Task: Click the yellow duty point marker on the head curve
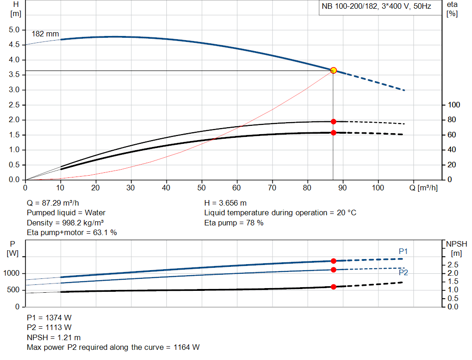point(333,71)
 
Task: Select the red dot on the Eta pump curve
point(333,122)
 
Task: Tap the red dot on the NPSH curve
point(333,287)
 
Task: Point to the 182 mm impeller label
point(45,34)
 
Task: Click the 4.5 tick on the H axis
point(15,45)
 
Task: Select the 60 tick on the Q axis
point(237,188)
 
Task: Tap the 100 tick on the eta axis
point(454,105)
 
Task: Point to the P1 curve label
point(403,251)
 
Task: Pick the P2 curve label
point(403,273)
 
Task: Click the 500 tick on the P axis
point(13,290)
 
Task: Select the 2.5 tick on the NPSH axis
point(453,265)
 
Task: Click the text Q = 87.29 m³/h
point(56,203)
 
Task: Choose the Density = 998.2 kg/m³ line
point(65,223)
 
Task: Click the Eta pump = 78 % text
point(234,223)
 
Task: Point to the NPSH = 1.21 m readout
point(53,337)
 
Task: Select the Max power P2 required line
point(113,347)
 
